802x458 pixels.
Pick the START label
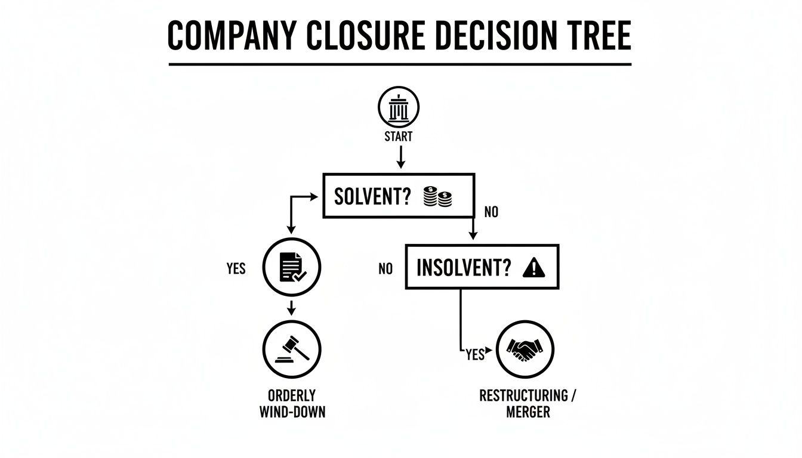pyautogui.click(x=399, y=137)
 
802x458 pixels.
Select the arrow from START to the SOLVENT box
pyautogui.click(x=401, y=157)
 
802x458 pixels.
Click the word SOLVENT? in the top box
pyautogui.click(x=373, y=197)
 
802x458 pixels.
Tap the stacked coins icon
pyautogui.click(x=437, y=197)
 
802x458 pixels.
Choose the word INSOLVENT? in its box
pyautogui.click(x=464, y=268)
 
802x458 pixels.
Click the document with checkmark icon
pyautogui.click(x=292, y=267)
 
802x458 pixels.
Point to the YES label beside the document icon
pyautogui.click(x=236, y=268)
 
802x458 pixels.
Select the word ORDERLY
pyautogui.click(x=292, y=395)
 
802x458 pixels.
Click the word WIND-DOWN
pyautogui.click(x=292, y=412)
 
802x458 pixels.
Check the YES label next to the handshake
pyautogui.click(x=475, y=355)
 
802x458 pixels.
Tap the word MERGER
pyautogui.click(x=528, y=412)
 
